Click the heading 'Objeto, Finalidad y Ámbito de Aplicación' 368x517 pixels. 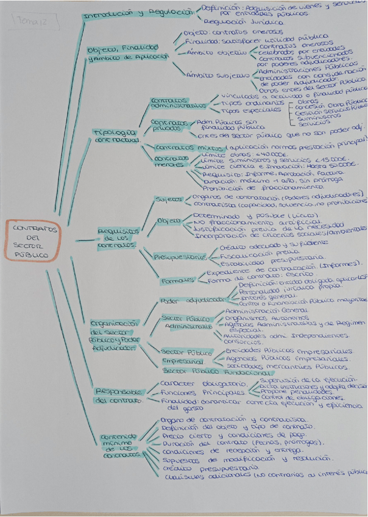[x=126, y=52]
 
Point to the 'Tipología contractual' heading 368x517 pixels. [x=115, y=136]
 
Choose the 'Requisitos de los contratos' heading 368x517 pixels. [x=119, y=238]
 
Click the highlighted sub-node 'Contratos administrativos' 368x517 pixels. [x=169, y=102]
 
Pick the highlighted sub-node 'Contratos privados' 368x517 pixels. [x=167, y=126]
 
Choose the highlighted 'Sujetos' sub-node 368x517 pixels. [x=168, y=199]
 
